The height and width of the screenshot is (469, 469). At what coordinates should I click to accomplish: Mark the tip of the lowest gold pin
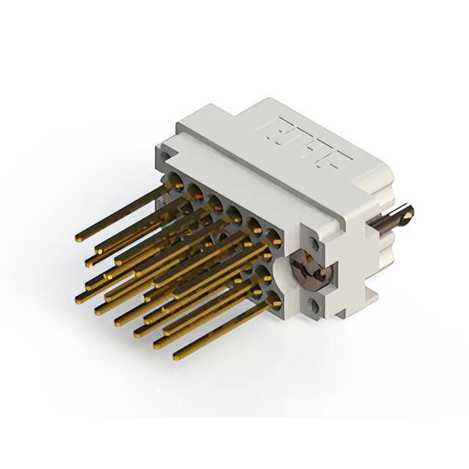coord(177,356)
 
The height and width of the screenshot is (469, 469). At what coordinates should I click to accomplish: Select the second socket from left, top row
coord(196,193)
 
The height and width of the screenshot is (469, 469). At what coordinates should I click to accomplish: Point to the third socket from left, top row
coord(215,203)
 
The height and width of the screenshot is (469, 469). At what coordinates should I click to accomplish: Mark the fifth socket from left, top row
coord(254,225)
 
